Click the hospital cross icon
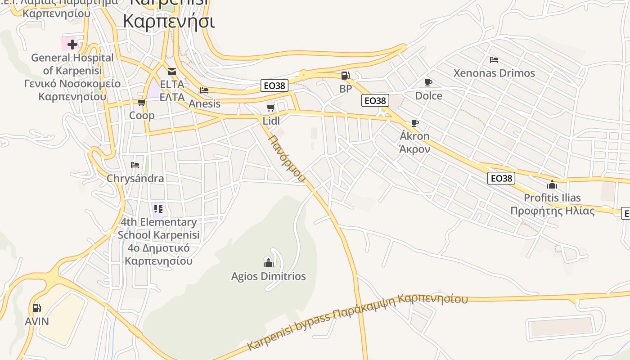(x=72, y=44)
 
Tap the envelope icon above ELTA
(x=171, y=71)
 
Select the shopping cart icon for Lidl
(x=270, y=108)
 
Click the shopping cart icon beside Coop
(x=141, y=103)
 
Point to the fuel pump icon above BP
(x=345, y=76)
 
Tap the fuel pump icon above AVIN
(x=36, y=308)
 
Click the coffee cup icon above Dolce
(x=428, y=82)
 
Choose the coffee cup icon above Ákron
(x=414, y=123)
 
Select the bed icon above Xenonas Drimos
(x=494, y=59)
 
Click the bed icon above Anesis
(x=204, y=90)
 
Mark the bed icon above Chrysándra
(x=135, y=165)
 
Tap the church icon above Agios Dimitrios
(x=268, y=262)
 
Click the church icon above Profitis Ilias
(x=552, y=184)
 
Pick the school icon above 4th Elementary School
(x=158, y=208)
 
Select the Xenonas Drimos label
(x=494, y=73)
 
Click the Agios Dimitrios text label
(x=268, y=276)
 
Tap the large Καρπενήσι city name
(x=169, y=21)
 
